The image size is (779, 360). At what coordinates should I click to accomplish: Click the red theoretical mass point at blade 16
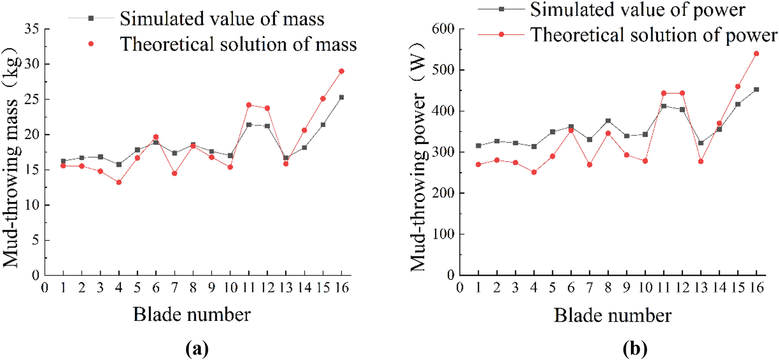[341, 71]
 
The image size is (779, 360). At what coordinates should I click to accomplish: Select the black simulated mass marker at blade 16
[341, 97]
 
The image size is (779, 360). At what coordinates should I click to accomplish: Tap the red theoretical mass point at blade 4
[119, 182]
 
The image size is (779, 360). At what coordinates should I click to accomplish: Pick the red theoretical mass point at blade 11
[249, 105]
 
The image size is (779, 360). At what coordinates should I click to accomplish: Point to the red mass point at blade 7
[174, 173]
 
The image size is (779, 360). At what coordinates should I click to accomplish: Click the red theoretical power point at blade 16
[757, 54]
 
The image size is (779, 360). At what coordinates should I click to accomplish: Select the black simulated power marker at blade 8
[608, 121]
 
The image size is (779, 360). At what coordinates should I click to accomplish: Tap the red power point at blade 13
[701, 162]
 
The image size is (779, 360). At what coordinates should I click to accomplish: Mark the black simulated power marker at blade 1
[479, 146]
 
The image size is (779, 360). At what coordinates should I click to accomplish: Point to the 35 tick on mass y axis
[32, 29]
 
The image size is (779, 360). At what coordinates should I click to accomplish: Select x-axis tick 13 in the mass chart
[286, 288]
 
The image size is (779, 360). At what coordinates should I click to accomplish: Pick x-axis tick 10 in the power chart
[645, 288]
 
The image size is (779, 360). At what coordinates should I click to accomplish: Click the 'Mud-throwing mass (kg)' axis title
[11, 158]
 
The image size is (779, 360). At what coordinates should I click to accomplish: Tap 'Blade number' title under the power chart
[612, 315]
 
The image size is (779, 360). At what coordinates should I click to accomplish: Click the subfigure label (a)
[197, 349]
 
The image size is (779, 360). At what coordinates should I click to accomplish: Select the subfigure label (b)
[635, 349]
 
